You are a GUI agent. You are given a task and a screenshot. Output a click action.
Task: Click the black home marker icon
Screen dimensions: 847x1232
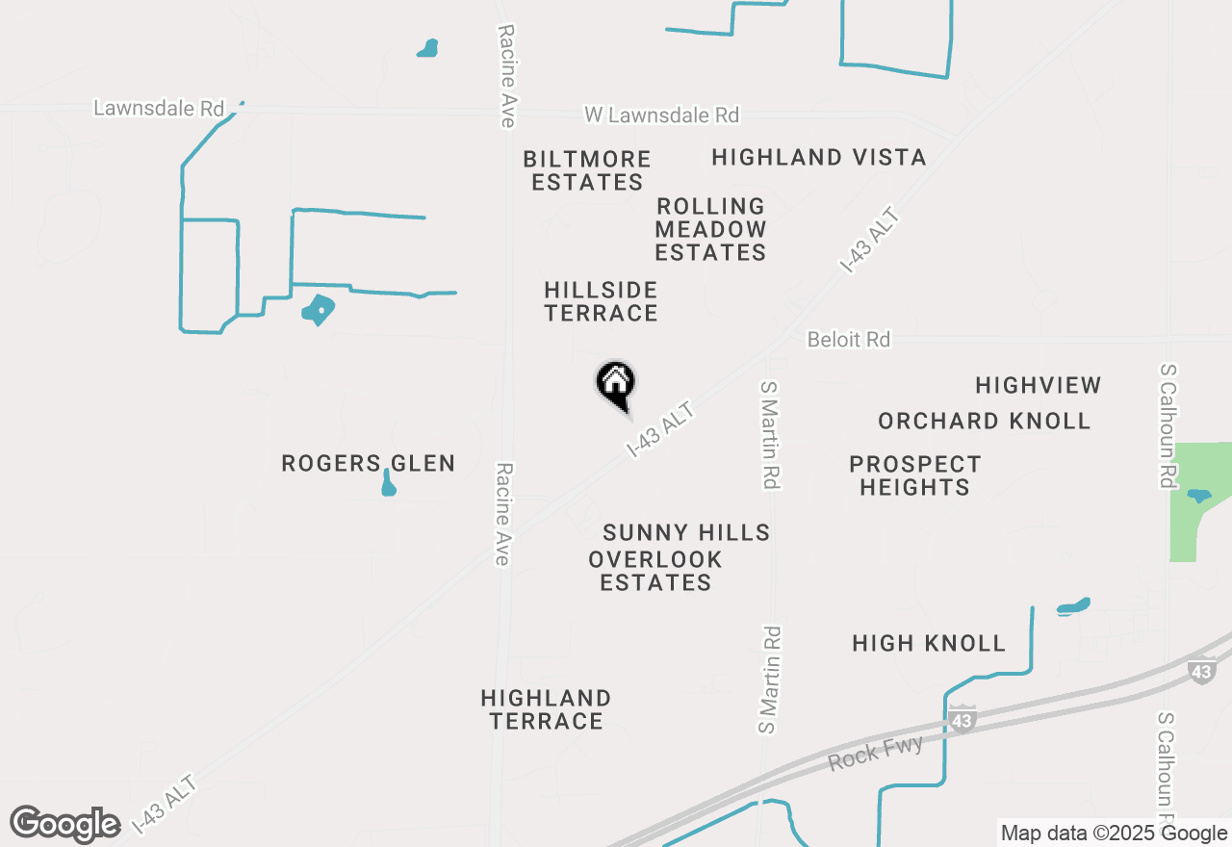[x=616, y=385]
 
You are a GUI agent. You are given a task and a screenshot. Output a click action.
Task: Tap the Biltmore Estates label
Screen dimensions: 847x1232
[x=587, y=170]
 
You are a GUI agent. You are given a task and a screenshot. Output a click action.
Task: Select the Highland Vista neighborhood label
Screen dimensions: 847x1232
[x=819, y=157]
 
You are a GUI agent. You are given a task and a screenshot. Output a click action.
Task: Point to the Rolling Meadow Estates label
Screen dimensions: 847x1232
[x=710, y=229]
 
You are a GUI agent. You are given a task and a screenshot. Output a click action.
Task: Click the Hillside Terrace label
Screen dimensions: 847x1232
[x=601, y=301]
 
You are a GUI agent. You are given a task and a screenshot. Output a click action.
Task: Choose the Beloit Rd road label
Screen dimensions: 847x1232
[x=848, y=340]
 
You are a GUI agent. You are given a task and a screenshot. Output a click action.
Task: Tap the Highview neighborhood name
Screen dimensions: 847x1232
[x=1038, y=385]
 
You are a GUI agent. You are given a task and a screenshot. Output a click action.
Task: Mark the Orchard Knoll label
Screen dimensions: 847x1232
[x=984, y=421]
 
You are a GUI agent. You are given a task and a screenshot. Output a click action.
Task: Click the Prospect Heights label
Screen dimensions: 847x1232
[x=914, y=475]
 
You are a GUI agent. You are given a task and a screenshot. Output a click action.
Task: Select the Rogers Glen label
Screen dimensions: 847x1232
[x=368, y=463]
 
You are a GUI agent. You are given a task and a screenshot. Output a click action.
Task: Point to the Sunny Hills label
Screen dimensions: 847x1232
[x=686, y=532]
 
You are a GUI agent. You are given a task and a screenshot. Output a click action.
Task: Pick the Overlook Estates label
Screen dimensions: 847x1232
[x=655, y=571]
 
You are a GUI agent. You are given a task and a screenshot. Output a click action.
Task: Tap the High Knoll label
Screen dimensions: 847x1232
[x=929, y=643]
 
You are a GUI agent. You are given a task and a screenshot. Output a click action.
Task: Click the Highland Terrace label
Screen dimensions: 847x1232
[x=546, y=709]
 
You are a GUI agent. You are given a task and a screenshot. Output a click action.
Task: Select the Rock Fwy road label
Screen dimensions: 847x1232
[x=876, y=752]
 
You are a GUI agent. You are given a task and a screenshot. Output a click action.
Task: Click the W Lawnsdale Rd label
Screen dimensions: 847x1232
[x=662, y=115]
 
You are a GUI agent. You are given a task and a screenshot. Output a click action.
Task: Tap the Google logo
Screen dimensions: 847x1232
[x=65, y=824]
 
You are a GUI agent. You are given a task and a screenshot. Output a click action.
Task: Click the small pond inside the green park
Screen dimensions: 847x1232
[x=1198, y=496]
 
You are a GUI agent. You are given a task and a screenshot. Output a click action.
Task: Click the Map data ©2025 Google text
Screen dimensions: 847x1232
[x=1114, y=834]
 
